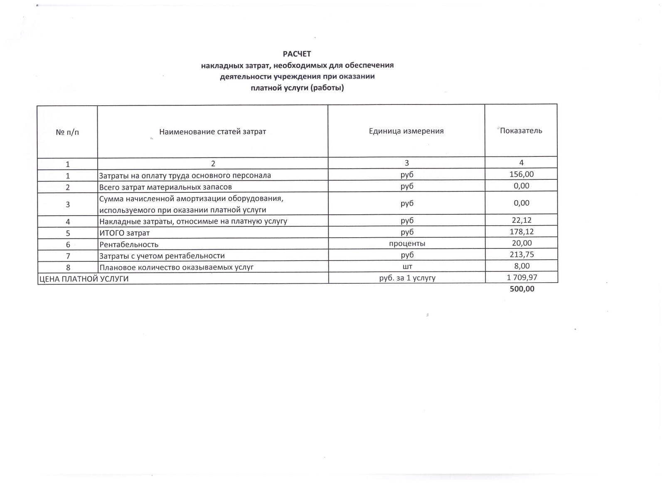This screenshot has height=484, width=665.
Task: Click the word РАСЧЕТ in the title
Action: pyautogui.click(x=297, y=54)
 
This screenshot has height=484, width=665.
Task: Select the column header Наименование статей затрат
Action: pyautogui.click(x=212, y=132)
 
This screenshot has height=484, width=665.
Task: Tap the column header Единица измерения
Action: pyautogui.click(x=406, y=131)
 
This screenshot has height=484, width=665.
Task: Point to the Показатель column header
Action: pyautogui.click(x=521, y=131)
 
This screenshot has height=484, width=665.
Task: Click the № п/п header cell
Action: pyautogui.click(x=67, y=132)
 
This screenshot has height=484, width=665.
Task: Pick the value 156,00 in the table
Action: pyautogui.click(x=521, y=174)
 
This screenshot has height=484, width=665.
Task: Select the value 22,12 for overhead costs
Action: pyautogui.click(x=521, y=220)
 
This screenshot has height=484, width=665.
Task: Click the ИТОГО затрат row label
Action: pyautogui.click(x=124, y=233)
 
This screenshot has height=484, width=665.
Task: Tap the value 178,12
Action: pyautogui.click(x=521, y=232)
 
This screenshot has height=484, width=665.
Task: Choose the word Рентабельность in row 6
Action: pyautogui.click(x=128, y=245)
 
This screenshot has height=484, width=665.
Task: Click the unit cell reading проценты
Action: pyautogui.click(x=407, y=243)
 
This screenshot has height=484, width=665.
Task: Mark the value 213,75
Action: pyautogui.click(x=521, y=254)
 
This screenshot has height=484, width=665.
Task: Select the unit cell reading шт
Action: pyautogui.click(x=407, y=266)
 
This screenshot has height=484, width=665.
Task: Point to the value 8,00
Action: pyautogui.click(x=521, y=266)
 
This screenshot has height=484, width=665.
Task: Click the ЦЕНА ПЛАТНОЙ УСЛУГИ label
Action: pyautogui.click(x=84, y=279)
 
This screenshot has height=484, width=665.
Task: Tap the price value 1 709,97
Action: pyautogui.click(x=522, y=277)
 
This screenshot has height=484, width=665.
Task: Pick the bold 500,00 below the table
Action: pyautogui.click(x=522, y=289)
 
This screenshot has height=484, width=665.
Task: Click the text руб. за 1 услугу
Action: pyautogui.click(x=407, y=278)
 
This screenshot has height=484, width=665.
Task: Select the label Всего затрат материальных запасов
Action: pyautogui.click(x=165, y=187)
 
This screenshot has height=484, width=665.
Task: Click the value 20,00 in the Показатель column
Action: pyautogui.click(x=521, y=243)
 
